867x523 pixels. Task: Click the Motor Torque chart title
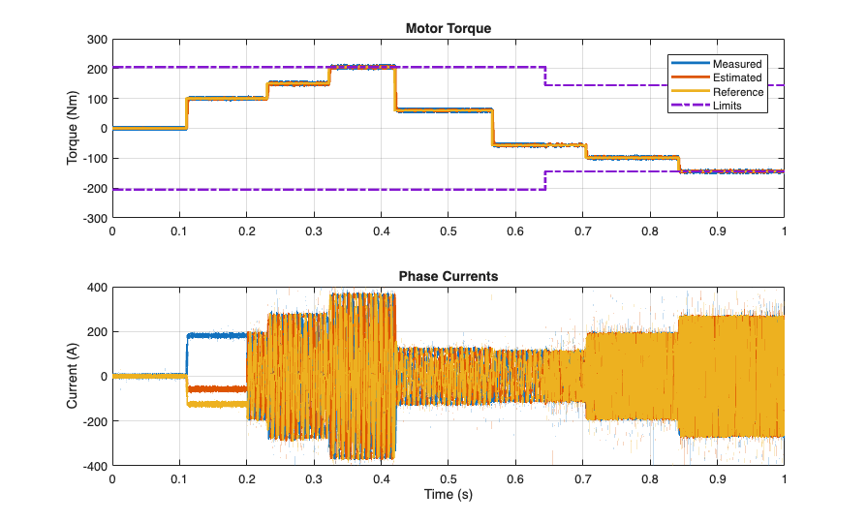pyautogui.click(x=448, y=29)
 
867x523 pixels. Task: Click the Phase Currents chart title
pyautogui.click(x=448, y=276)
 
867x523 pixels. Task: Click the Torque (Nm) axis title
pyautogui.click(x=73, y=129)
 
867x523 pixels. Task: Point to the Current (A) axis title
pyautogui.click(x=73, y=376)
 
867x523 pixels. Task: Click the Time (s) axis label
pyautogui.click(x=448, y=494)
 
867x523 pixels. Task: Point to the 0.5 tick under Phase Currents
pyautogui.click(x=448, y=478)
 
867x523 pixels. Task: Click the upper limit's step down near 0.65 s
pyautogui.click(x=546, y=76)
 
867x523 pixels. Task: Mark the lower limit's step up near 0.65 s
pyautogui.click(x=546, y=180)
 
